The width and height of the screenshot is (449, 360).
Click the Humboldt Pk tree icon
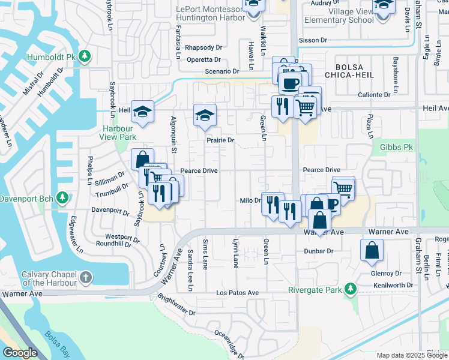[x=85, y=56]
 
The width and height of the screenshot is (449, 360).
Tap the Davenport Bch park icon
[x=62, y=198]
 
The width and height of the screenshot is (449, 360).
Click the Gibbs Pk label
[x=396, y=147]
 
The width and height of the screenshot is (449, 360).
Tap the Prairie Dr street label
[x=220, y=140]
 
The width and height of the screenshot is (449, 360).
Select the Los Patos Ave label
[x=238, y=293]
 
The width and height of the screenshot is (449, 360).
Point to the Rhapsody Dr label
[x=203, y=47]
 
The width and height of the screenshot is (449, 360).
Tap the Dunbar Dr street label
[x=319, y=251]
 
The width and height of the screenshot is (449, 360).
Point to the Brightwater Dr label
[x=176, y=304]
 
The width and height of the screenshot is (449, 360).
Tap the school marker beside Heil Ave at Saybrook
[x=143, y=112]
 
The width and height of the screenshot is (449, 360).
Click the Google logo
[x=20, y=353]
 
